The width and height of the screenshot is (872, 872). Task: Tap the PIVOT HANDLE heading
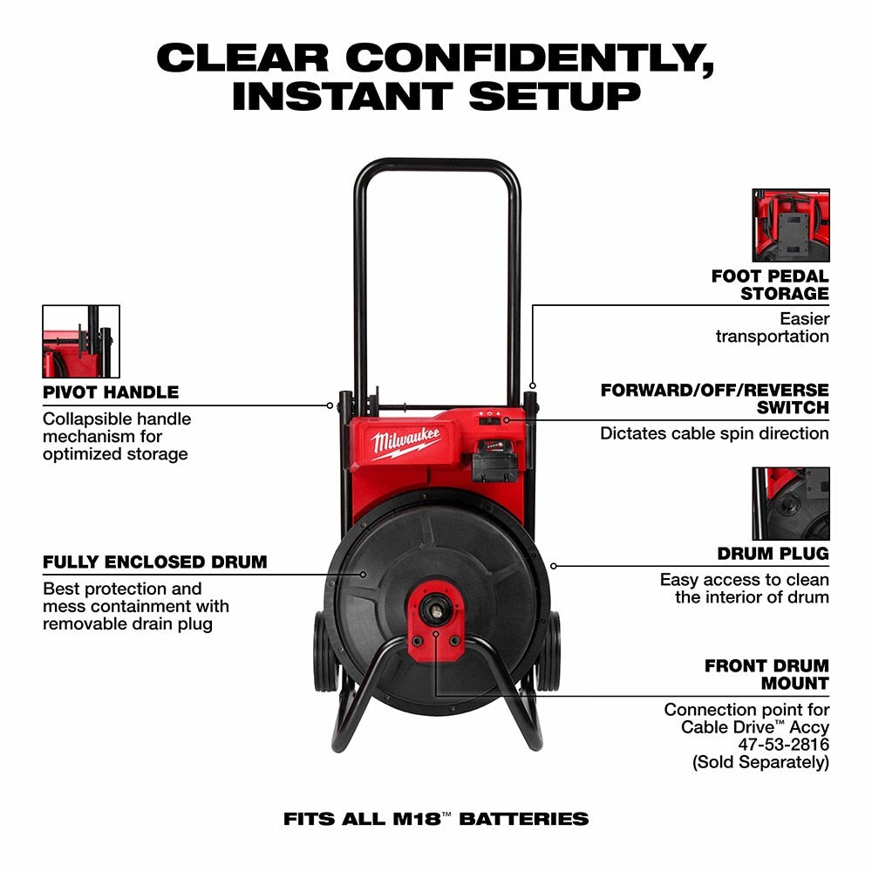pos(111,392)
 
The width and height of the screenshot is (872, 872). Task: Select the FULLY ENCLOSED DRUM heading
pos(154,562)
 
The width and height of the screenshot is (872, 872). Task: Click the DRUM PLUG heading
pos(773,554)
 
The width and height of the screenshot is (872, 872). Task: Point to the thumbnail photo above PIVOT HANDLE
pos(81,341)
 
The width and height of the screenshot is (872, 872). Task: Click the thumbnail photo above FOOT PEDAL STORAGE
pos(791,225)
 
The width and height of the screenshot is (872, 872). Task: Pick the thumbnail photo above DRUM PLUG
pos(791,503)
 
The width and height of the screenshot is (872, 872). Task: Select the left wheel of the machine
pos(324,650)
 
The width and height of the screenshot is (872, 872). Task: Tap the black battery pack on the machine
pos(496,460)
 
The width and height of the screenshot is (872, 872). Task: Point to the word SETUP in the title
pos(554,96)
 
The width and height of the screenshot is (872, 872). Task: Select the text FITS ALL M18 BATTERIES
pos(436,819)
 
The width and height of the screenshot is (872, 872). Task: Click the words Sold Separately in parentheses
pos(760,762)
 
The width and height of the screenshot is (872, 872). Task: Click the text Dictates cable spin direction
pos(714,433)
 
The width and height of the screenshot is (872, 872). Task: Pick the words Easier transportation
pos(773,328)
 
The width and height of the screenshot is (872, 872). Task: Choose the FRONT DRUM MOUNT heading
pos(766,675)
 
